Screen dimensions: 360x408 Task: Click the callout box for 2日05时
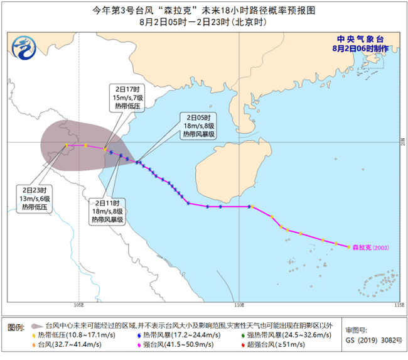coord(199,126)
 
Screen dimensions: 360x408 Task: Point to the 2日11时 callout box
coord(109,212)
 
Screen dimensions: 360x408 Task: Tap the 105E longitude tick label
coord(78,305)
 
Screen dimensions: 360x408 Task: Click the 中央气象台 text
coord(363,38)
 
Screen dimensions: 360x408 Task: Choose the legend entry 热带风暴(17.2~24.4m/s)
coord(169,337)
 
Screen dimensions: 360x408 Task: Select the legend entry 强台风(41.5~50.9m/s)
coord(169,346)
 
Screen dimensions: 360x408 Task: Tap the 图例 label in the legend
coord(16,328)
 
